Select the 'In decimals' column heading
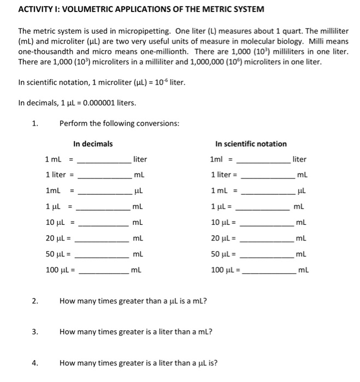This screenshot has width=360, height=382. [x=93, y=144]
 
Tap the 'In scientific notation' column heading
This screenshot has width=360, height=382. [x=251, y=144]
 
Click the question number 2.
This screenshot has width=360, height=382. [x=35, y=300]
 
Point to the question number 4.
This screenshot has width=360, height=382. [x=35, y=362]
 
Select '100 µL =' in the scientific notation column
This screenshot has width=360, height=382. [x=226, y=270]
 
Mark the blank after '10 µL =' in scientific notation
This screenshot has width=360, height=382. [x=267, y=223]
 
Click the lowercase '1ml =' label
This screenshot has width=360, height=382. [x=221, y=159]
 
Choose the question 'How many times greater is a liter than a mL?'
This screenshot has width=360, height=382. [x=135, y=331]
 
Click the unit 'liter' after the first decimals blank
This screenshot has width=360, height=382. [x=140, y=159]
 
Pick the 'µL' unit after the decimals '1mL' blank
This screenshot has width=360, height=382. [x=139, y=192]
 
